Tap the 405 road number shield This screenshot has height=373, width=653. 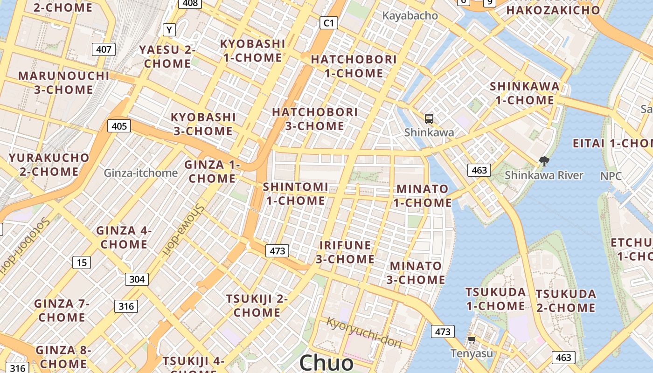119,126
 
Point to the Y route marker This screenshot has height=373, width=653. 169,30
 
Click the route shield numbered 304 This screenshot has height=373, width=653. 137,279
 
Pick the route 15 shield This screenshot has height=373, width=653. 82,262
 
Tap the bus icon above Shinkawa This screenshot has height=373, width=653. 429,119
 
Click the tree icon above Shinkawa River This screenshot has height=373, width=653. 543,162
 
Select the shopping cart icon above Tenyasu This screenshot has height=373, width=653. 472,340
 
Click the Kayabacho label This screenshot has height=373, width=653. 410,15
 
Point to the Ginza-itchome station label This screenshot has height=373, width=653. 140,173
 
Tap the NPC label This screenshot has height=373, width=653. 611,176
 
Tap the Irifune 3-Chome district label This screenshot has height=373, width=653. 345,252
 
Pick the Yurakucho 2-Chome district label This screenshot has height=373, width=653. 49,165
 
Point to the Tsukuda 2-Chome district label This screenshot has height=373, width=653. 565,301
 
